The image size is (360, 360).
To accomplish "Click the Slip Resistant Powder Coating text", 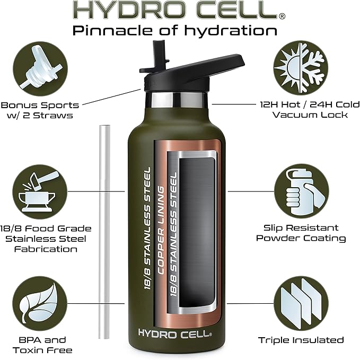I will click(x=301, y=233).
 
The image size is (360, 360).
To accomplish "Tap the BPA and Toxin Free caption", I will click(x=40, y=345).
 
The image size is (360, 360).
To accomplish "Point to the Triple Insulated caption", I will click(x=301, y=340).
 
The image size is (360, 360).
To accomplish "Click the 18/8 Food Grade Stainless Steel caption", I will click(x=47, y=238).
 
